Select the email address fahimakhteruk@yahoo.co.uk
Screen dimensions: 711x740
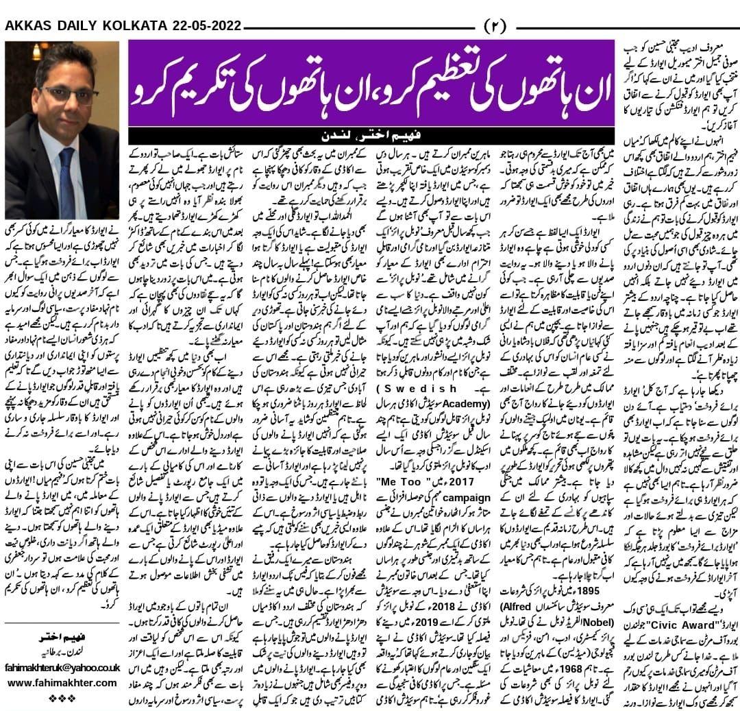click(62, 665)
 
